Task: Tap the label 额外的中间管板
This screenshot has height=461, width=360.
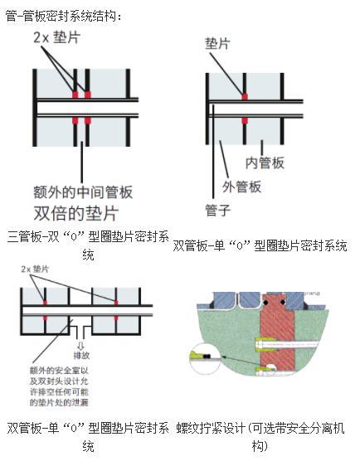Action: coord(77,192)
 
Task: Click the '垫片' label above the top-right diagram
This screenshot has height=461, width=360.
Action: coord(217,43)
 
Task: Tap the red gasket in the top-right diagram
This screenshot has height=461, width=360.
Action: coord(245,98)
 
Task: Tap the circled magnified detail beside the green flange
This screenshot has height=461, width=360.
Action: coord(206,357)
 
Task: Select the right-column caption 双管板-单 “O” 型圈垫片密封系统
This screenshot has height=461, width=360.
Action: coord(260,245)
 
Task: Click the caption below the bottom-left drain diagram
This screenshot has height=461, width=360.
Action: coord(88,437)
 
